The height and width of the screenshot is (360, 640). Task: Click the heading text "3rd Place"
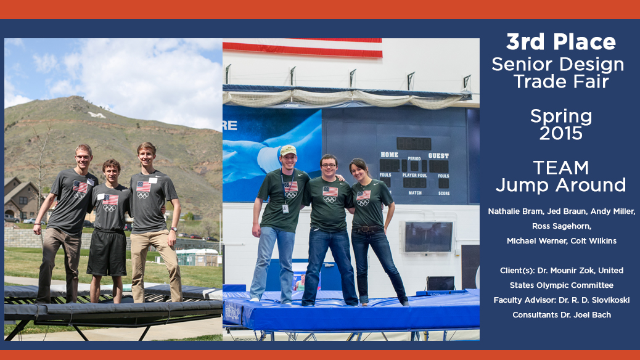coord(561,42)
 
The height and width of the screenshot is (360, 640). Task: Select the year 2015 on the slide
coord(561,134)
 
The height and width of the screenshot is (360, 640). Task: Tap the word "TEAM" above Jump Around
coord(561,168)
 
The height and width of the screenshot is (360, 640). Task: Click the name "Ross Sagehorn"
coord(561,226)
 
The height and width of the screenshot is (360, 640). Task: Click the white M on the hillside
coord(97,115)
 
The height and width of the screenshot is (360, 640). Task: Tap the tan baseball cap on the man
coord(288,150)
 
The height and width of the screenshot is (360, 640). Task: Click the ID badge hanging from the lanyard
coord(285,208)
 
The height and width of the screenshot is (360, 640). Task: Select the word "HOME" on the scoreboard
coord(390,155)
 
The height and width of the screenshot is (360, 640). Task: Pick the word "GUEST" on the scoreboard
coord(438,155)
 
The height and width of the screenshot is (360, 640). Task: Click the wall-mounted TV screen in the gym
coord(429,237)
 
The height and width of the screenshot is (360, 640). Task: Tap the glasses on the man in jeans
coord(329,165)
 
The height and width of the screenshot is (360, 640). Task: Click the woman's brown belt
coord(368,229)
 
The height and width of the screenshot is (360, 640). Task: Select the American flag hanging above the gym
coord(303,47)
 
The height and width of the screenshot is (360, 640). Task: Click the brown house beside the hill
coord(21,198)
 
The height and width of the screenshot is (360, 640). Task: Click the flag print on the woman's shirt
coord(363,195)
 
